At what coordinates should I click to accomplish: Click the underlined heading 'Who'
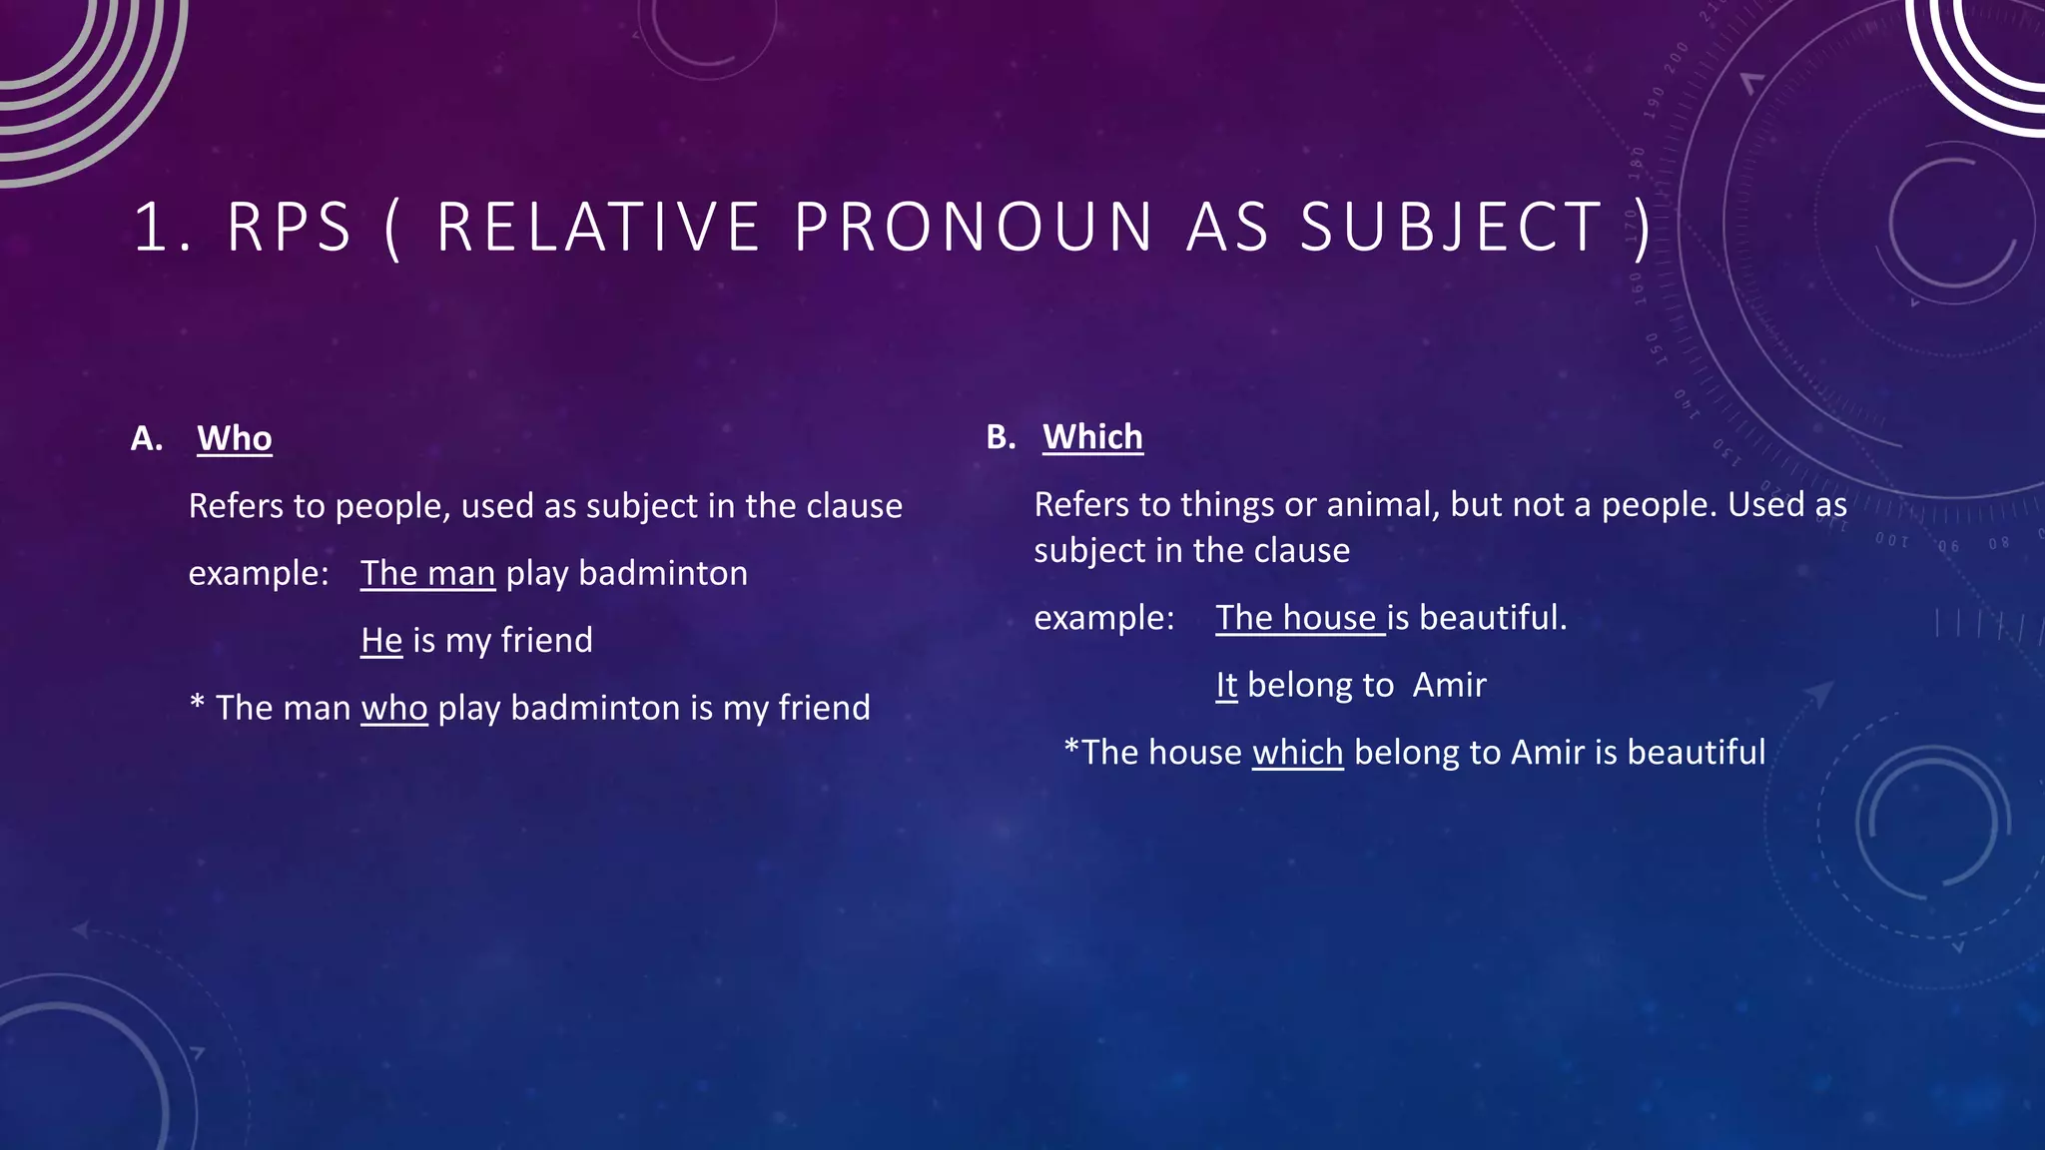[x=235, y=438]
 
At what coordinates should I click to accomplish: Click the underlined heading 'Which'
[x=1092, y=437]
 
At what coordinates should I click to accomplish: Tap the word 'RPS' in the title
[x=290, y=227]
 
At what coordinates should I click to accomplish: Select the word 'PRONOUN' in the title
[x=975, y=227]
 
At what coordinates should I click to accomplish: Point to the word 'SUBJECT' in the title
[x=1451, y=227]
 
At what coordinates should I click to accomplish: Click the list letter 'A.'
[x=147, y=438]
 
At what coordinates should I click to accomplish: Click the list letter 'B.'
[x=1001, y=437]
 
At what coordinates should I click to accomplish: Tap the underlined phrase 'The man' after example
[x=427, y=573]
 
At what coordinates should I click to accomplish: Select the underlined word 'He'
[x=381, y=640]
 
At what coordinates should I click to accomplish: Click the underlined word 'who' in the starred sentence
[x=394, y=708]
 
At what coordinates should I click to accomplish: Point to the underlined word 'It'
[x=1226, y=685]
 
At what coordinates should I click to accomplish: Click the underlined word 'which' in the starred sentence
[x=1298, y=752]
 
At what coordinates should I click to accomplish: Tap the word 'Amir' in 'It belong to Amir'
[x=1449, y=685]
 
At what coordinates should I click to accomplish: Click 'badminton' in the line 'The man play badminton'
[x=663, y=573]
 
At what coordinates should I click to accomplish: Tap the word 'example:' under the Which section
[x=1103, y=618]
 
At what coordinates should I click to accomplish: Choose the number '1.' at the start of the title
[x=163, y=227]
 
